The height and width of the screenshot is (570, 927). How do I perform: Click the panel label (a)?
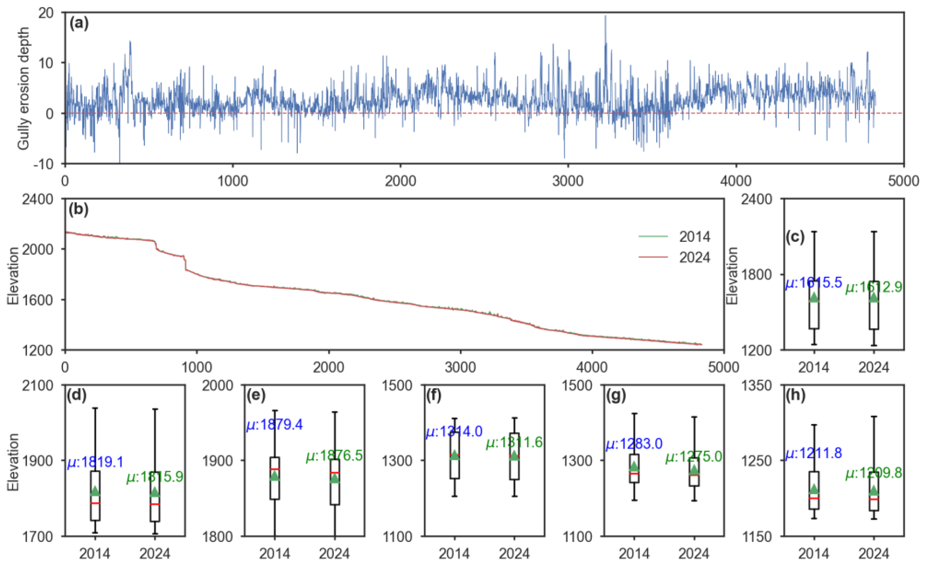[x=79, y=23]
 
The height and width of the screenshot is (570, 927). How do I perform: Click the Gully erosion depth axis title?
[x=23, y=88]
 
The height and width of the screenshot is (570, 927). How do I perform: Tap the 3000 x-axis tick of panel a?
[x=568, y=181]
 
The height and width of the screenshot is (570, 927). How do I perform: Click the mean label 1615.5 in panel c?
[x=813, y=282]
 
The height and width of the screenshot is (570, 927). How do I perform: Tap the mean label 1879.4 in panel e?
[x=274, y=425]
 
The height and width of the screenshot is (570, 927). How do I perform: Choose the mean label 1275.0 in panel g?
[x=694, y=457]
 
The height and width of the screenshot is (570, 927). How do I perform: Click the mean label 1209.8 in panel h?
[x=874, y=473]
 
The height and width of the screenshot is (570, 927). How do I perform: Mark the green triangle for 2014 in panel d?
[x=95, y=491]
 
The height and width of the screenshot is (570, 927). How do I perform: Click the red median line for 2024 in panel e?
[x=335, y=472]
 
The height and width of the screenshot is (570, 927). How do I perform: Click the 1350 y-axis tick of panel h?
[x=757, y=385]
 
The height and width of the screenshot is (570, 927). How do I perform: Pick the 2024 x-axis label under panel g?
[x=694, y=554]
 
